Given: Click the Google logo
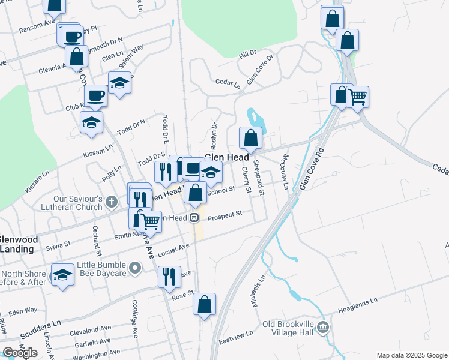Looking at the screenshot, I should click(x=20, y=353).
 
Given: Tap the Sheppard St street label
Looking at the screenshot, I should click(x=259, y=178).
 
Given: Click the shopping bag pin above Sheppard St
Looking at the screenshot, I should click(x=250, y=139).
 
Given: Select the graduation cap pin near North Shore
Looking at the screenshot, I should click(x=62, y=275).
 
